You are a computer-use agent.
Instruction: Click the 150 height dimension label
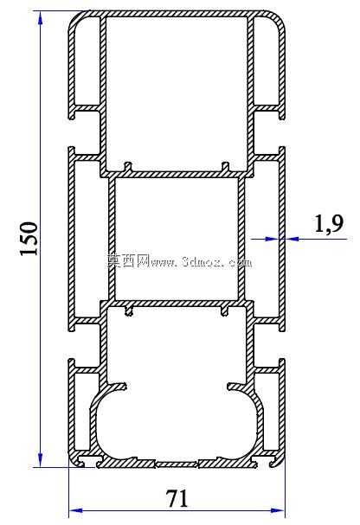click(x=29, y=239)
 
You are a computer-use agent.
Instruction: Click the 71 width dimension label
click(x=177, y=498)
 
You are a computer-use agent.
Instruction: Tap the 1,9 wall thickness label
click(x=329, y=223)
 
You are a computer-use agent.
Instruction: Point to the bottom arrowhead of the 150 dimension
click(x=41, y=460)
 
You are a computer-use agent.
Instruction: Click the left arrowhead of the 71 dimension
click(x=75, y=510)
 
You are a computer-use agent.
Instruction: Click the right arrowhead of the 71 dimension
click(x=277, y=510)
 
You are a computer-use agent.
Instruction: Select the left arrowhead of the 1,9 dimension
click(x=272, y=239)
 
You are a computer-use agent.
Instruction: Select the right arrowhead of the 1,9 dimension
click(x=292, y=239)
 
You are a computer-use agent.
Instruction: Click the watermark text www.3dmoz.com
click(x=201, y=261)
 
